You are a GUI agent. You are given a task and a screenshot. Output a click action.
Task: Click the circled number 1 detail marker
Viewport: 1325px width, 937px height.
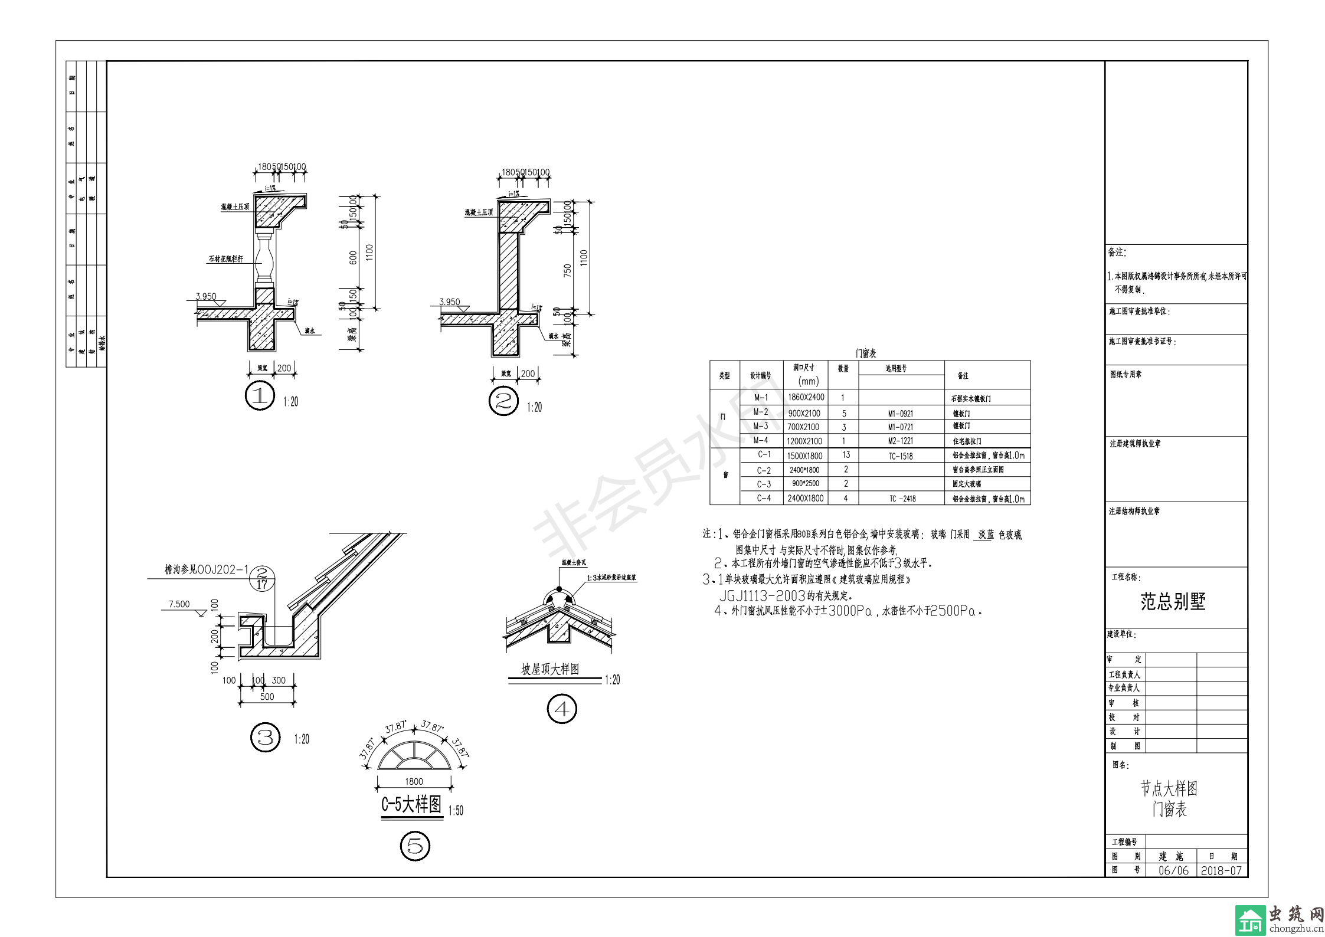(260, 396)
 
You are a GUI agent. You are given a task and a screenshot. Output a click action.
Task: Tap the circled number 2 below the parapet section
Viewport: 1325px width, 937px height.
(503, 401)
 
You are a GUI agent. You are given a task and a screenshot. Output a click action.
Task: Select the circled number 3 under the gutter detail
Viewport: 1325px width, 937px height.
(266, 737)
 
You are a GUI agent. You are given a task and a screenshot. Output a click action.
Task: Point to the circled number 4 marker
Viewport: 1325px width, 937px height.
(562, 709)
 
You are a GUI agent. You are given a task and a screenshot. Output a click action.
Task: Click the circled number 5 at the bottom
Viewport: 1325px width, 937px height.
(415, 846)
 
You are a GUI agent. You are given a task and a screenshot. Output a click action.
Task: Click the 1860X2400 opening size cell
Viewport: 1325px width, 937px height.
(806, 397)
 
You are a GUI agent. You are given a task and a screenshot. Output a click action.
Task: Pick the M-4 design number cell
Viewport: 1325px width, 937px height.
(761, 440)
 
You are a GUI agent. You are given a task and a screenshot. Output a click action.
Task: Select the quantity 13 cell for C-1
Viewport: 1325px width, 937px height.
(846, 455)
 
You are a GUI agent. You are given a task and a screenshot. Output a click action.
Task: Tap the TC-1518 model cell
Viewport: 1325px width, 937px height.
(901, 456)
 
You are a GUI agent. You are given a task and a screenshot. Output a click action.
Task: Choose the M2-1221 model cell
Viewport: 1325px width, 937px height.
(901, 441)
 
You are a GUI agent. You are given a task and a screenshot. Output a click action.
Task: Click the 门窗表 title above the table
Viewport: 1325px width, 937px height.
(866, 353)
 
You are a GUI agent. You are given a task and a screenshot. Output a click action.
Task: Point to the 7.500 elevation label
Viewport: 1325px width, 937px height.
(179, 604)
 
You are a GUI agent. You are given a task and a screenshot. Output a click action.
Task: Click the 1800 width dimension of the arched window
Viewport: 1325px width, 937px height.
(414, 781)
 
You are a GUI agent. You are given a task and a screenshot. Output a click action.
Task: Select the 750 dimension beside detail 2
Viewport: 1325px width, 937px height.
(568, 270)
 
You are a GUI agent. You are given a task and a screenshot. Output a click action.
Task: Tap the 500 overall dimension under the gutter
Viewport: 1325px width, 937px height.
(267, 697)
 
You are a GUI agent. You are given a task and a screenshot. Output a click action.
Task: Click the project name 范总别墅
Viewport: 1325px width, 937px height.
(1173, 602)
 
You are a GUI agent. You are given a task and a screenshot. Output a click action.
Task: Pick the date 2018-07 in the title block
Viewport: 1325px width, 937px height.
(1221, 870)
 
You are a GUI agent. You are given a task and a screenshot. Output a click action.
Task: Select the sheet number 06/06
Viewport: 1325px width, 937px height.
(1173, 870)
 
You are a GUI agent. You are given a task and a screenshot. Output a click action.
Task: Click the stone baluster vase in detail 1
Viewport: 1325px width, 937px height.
(265, 260)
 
